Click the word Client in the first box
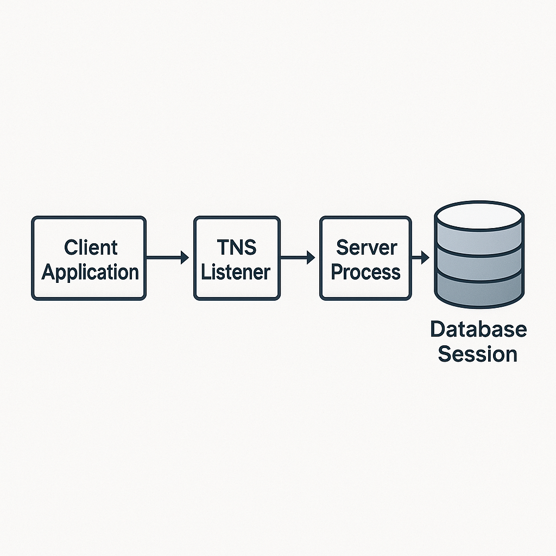pos(90,248)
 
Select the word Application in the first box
pos(90,271)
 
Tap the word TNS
pos(236,248)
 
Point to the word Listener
pos(236,271)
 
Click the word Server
pos(365,248)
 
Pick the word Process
pos(365,271)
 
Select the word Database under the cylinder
pos(478,330)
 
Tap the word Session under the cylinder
pos(478,354)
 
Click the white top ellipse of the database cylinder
pos(478,216)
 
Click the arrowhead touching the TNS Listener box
pos(185,257)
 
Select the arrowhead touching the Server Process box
pos(311,257)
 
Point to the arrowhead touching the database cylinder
pos(426,257)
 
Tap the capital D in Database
pos(437,330)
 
